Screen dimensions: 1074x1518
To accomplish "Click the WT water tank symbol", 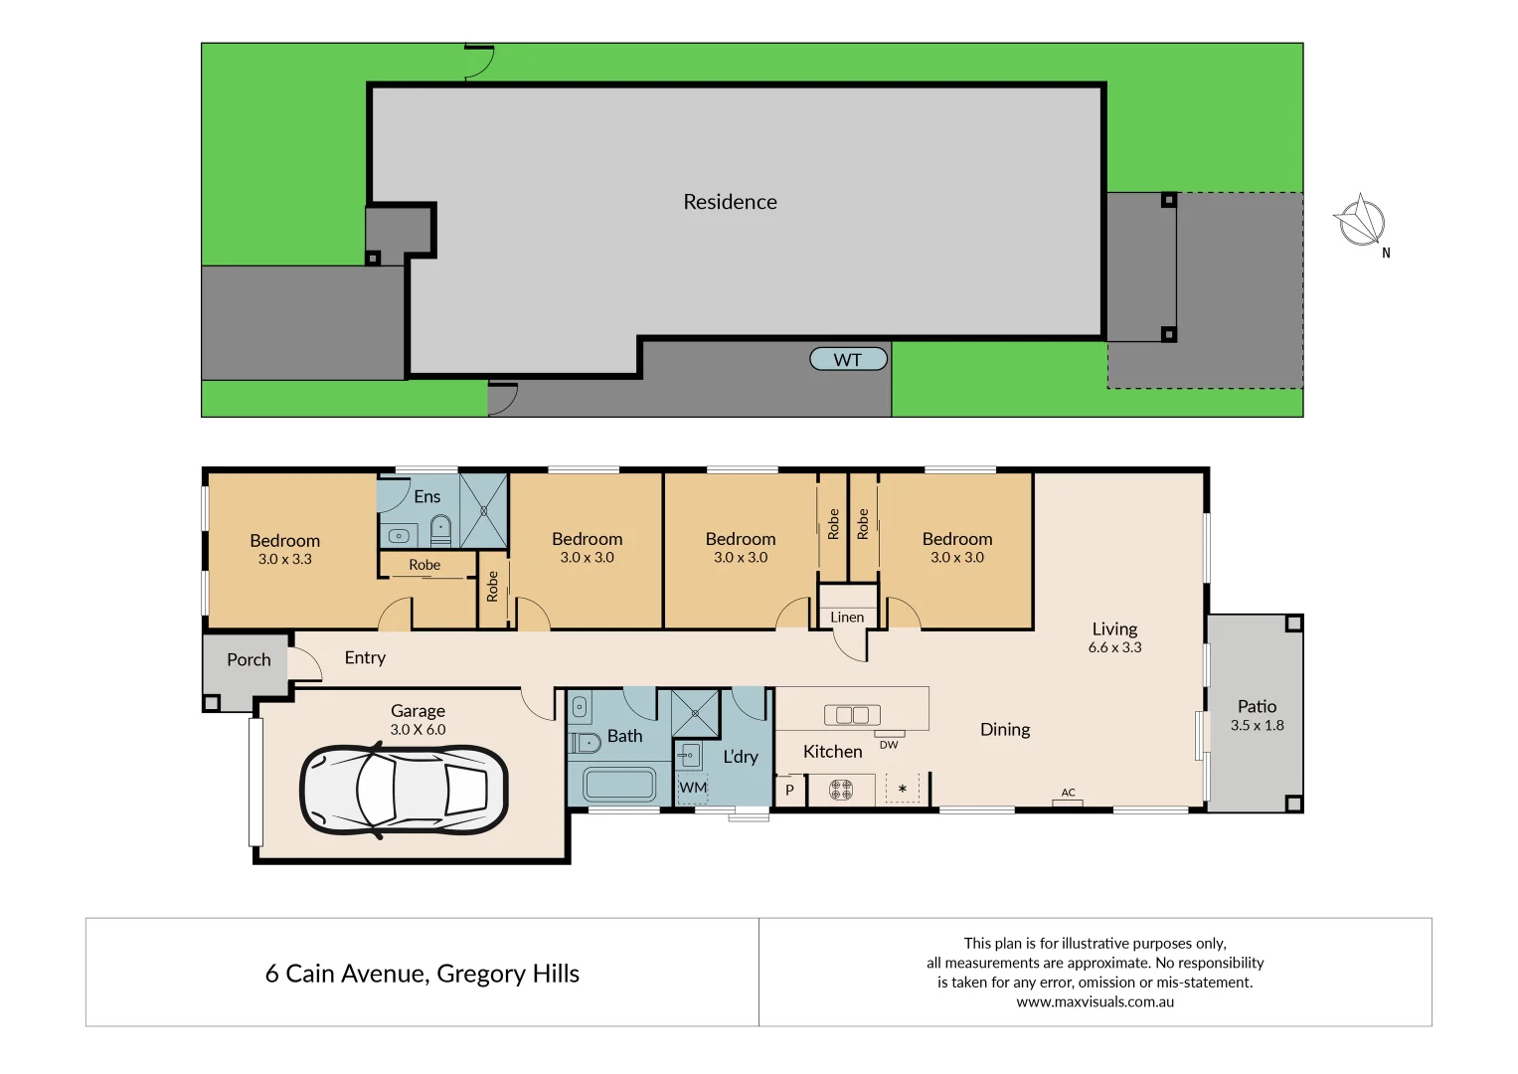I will click(848, 359).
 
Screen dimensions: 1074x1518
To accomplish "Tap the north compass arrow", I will click(1361, 222).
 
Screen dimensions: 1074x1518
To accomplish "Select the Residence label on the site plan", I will click(730, 202).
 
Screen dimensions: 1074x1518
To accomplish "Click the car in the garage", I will click(404, 790).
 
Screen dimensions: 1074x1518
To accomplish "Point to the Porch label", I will click(249, 659).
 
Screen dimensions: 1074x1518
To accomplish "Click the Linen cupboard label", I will click(847, 617).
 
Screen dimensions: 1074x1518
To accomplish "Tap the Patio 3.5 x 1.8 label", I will click(1257, 715).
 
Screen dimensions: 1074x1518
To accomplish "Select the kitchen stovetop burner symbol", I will click(841, 790).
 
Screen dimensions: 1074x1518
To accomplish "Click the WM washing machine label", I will click(693, 788).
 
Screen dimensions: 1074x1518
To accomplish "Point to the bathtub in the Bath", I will click(618, 785).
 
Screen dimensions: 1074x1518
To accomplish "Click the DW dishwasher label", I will click(889, 745).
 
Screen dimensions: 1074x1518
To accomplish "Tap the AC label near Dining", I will click(1068, 793).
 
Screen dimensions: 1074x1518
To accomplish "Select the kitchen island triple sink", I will click(852, 715).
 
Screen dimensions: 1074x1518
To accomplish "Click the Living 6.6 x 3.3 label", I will click(1114, 636).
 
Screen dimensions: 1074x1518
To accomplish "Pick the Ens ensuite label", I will click(426, 496).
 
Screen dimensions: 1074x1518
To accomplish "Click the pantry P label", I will click(790, 791).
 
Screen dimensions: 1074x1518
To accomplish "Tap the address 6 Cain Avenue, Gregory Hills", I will click(422, 974).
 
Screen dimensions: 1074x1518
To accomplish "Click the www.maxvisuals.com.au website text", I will click(1095, 1001).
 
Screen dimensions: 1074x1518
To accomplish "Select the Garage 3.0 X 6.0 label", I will click(418, 719).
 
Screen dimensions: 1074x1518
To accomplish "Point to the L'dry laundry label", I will click(741, 756).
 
